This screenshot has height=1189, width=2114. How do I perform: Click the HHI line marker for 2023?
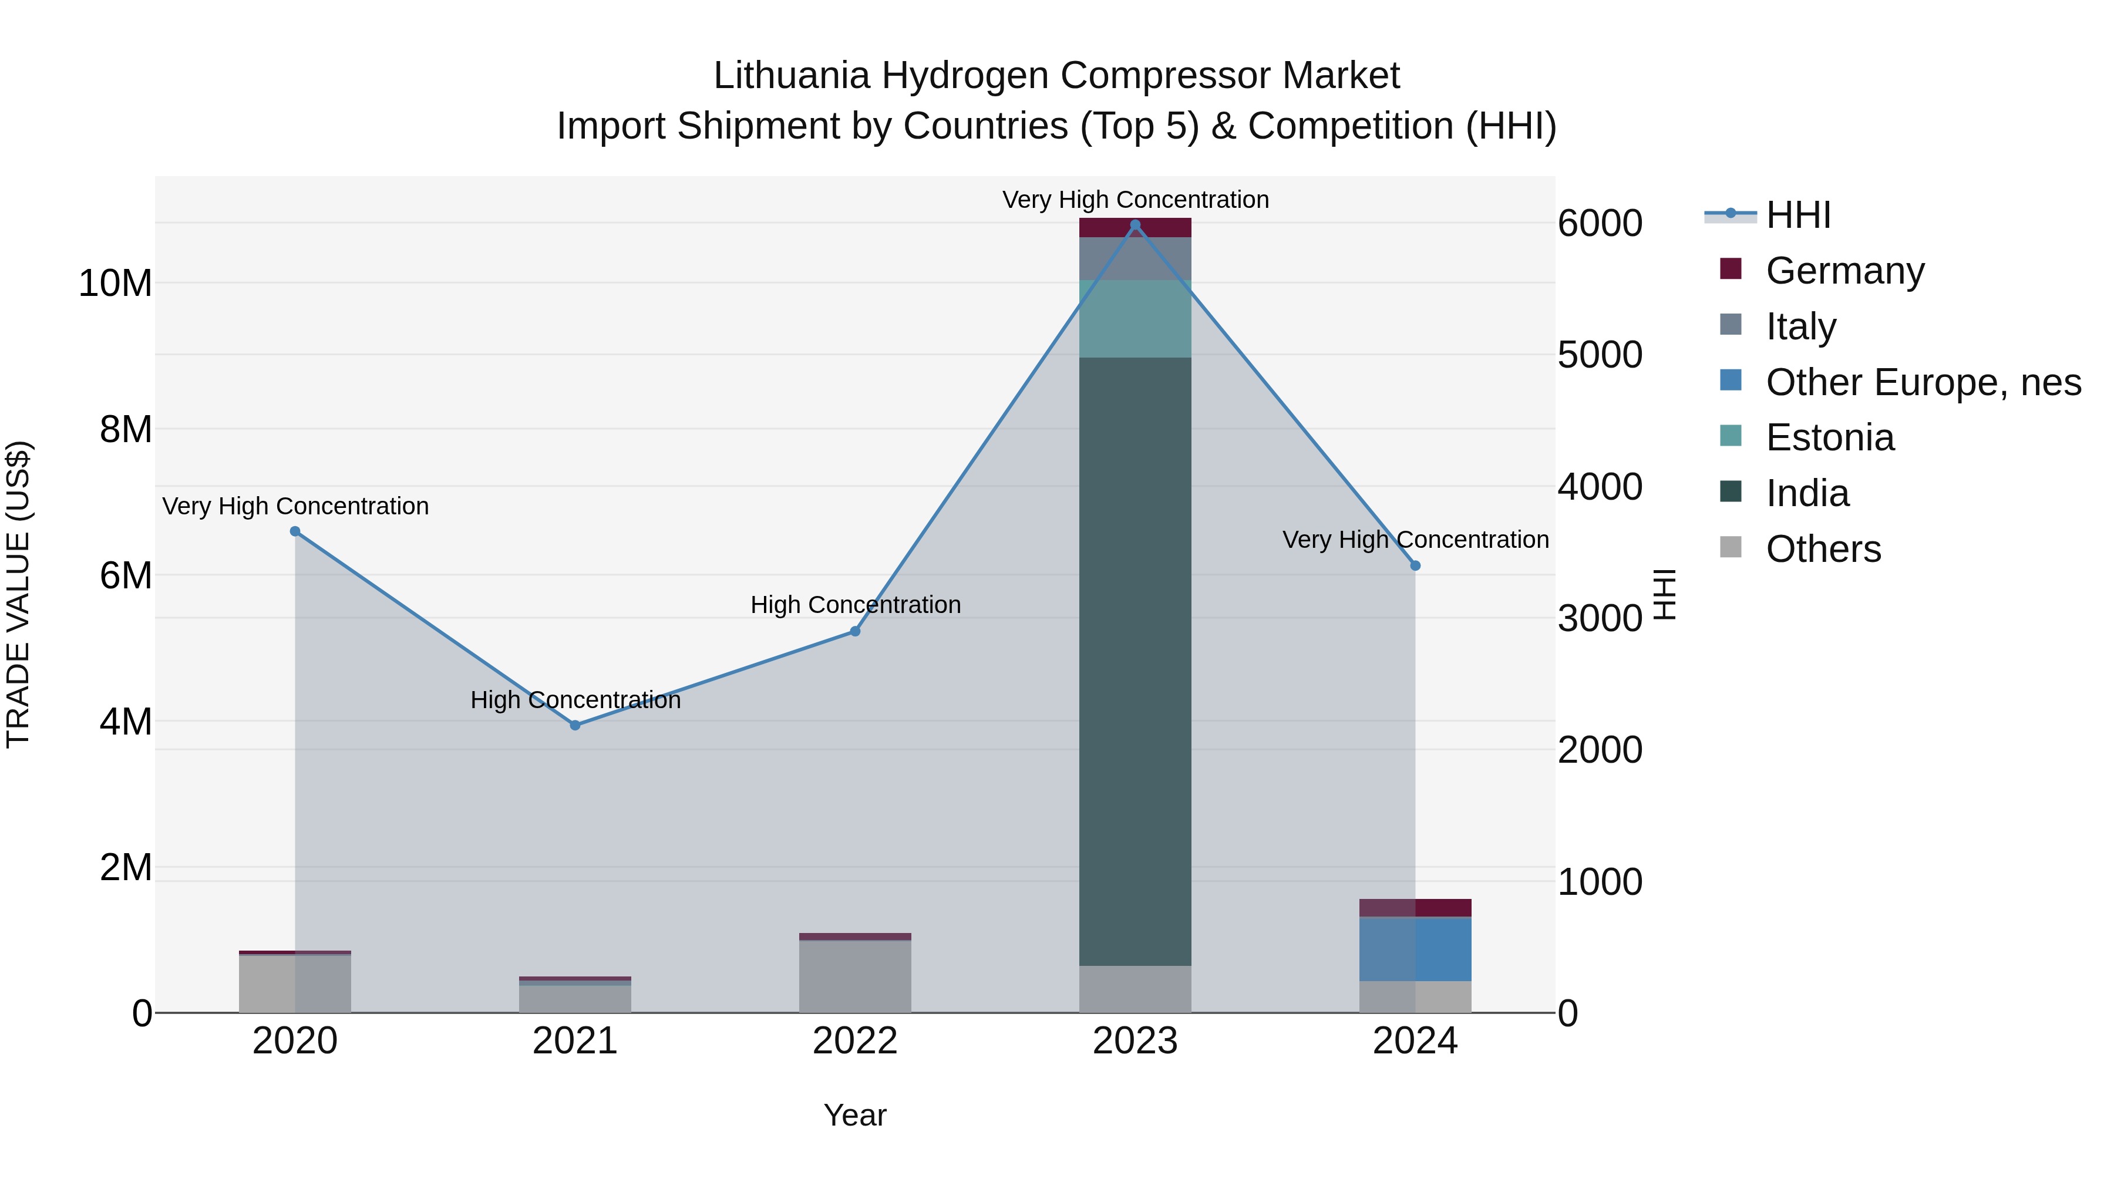point(1135,225)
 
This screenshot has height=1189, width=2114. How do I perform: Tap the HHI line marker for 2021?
point(575,725)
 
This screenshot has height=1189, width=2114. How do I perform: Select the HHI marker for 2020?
point(295,532)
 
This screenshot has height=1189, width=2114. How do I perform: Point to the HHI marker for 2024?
point(1415,566)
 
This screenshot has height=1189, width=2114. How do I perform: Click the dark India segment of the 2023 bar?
point(1135,656)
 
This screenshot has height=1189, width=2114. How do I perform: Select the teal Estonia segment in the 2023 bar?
point(1135,318)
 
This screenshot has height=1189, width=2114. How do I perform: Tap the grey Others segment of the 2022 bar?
point(855,976)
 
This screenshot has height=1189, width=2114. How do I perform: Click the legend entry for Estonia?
point(1830,438)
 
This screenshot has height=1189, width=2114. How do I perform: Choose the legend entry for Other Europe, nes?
point(1923,382)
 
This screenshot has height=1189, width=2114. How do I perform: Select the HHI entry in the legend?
point(1797,215)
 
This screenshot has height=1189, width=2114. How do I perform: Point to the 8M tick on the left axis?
point(126,430)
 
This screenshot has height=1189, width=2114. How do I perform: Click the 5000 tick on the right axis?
point(1600,355)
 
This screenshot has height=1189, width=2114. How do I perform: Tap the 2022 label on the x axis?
point(855,1041)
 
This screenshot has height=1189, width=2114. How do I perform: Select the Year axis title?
point(855,1115)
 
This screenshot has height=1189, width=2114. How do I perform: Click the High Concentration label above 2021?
point(575,700)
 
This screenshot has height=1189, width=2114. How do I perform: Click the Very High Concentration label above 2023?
point(1135,200)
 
